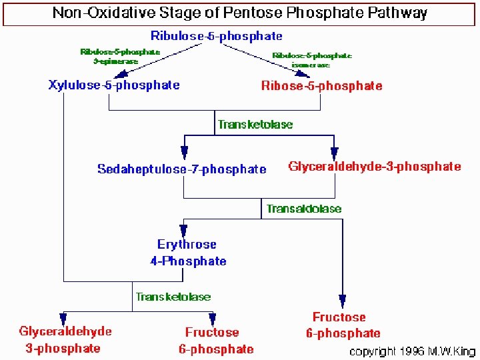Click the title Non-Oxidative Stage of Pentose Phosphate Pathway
(240, 13)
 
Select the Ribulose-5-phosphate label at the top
(216, 36)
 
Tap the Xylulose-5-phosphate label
(114, 85)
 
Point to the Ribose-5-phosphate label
(322, 85)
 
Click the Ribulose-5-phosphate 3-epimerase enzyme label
(120, 57)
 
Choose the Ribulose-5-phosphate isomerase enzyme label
(312, 60)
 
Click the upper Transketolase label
(255, 124)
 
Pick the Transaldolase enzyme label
(303, 209)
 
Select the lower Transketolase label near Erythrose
(173, 296)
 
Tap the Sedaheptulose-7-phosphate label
(181, 169)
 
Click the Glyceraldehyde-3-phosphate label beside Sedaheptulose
(374, 166)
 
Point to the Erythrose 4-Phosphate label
(187, 253)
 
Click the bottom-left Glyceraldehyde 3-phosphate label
(65, 339)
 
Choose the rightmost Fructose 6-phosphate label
(343, 325)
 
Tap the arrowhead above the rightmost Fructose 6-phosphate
(343, 302)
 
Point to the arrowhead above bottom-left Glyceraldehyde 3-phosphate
(63, 319)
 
